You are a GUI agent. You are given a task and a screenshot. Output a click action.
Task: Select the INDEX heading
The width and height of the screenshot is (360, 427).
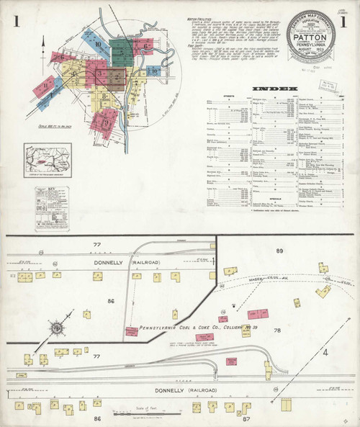point(274,89)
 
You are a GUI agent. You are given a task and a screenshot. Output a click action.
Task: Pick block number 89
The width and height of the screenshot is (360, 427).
point(279,250)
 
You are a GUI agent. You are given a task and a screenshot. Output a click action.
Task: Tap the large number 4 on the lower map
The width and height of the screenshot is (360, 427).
point(325,352)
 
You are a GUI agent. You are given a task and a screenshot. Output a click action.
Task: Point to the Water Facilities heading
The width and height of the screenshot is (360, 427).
point(198,14)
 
